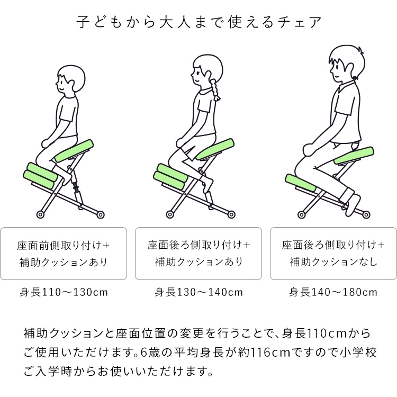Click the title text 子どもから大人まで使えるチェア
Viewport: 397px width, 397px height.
(x=198, y=23)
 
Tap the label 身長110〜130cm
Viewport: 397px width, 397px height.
(x=64, y=292)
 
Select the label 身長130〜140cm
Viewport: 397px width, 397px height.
(x=198, y=292)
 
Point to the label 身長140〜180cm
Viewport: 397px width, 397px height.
(x=333, y=292)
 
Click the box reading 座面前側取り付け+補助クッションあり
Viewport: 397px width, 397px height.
(x=64, y=254)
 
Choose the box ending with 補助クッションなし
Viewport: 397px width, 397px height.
(x=333, y=254)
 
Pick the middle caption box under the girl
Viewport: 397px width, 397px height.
(x=198, y=254)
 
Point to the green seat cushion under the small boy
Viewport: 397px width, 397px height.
(x=75, y=151)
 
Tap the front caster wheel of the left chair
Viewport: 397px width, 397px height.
(x=40, y=214)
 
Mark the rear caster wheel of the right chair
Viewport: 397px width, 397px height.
(x=366, y=215)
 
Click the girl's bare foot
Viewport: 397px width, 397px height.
(x=209, y=185)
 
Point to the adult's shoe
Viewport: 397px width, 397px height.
(x=353, y=206)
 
